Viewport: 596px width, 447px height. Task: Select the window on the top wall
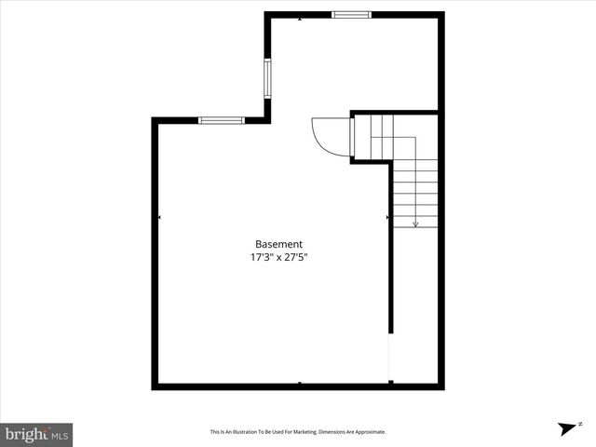(351, 15)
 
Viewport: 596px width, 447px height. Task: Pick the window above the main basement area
(222, 120)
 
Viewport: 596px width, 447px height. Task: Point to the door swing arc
(326, 136)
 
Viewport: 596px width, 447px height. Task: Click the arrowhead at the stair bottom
(415, 223)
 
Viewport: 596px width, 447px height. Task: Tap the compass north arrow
(565, 428)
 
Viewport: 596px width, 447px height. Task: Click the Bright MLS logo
(36, 434)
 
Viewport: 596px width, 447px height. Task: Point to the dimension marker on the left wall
(159, 218)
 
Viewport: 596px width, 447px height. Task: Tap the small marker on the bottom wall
(299, 383)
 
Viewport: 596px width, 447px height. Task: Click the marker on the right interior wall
(387, 218)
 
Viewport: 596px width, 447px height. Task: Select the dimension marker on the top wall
(299, 19)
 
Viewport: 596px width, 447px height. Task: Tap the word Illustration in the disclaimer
(246, 432)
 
